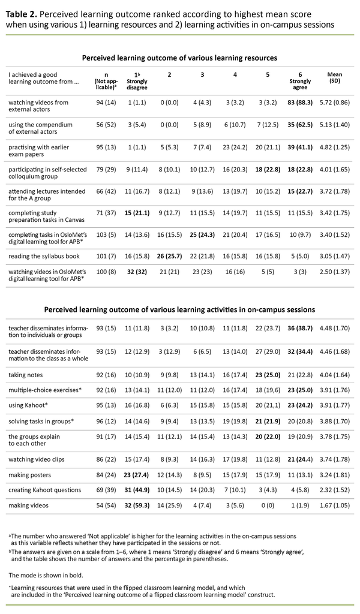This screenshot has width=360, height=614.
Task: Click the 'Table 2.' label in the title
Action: coord(22,11)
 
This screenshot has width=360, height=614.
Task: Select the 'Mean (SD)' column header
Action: coord(335,78)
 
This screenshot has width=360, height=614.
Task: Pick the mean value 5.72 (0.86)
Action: coord(335,103)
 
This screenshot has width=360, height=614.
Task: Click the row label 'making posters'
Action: coord(29,477)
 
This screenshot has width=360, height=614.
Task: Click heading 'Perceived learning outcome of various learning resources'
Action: coord(179,58)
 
